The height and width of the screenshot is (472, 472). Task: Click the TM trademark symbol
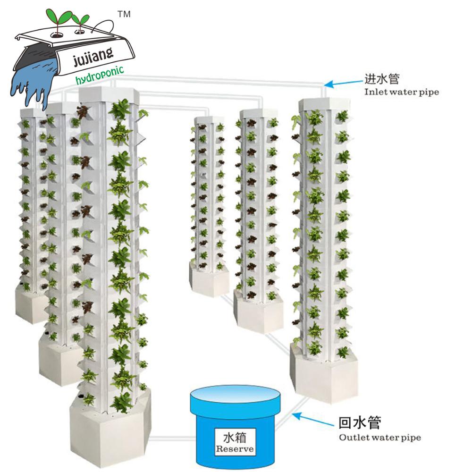coord(124,15)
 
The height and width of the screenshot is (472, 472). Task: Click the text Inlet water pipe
coord(401,92)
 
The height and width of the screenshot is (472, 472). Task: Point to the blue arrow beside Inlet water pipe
coord(343,84)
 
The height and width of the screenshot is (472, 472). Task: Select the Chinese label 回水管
coord(361,421)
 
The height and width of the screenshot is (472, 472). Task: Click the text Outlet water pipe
coord(380,437)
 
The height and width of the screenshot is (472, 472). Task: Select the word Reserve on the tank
coord(235,449)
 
